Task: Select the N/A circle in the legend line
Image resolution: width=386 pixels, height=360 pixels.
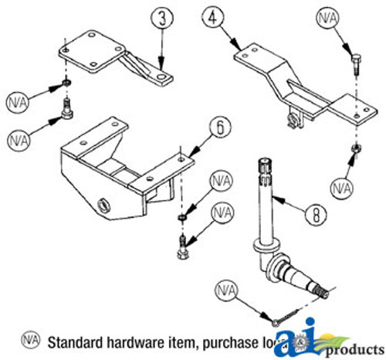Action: coord(32,340)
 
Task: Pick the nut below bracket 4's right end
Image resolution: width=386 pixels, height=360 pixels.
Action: coord(355,148)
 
